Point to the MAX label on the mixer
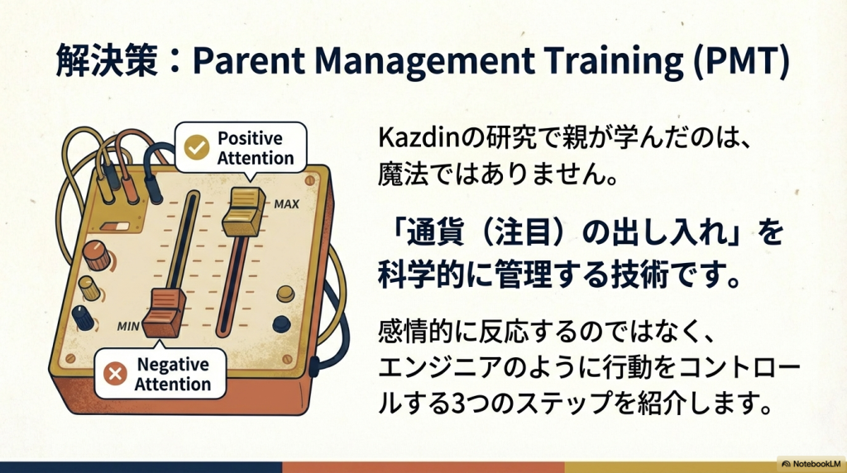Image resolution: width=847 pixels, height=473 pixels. pos(286,204)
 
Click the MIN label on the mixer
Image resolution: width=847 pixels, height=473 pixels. pos(128,326)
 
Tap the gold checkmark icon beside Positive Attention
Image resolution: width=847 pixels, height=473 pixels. pos(197,147)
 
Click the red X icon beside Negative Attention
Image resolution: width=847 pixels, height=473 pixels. pos(115,373)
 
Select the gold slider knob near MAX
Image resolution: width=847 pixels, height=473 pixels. pos(244,212)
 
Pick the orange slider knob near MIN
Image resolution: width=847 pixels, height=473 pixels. pos(165,313)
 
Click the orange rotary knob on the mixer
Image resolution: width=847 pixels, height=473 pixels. pos(97,256)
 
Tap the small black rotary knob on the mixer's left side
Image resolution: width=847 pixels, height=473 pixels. pos(84,318)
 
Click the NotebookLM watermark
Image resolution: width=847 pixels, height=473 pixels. pos(812,464)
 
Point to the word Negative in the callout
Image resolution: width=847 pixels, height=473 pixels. pos(173,365)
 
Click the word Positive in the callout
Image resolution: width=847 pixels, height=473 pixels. pos(250,138)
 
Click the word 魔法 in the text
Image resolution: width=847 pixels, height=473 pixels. pos(397,175)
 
